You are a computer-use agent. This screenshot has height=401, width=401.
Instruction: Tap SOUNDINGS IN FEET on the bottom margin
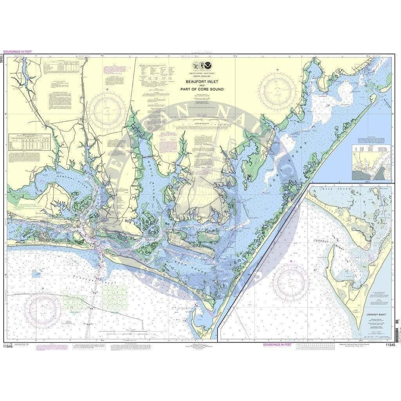tap(277, 345)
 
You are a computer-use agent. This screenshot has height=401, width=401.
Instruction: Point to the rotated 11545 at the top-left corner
tap(4, 58)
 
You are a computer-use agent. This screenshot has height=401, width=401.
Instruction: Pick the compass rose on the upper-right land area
tap(277, 90)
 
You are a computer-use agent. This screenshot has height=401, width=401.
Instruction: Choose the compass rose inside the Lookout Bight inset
tap(291, 282)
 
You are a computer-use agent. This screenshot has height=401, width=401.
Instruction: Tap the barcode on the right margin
tap(397, 331)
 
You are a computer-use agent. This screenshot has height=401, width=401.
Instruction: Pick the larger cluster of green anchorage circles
tap(115, 297)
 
